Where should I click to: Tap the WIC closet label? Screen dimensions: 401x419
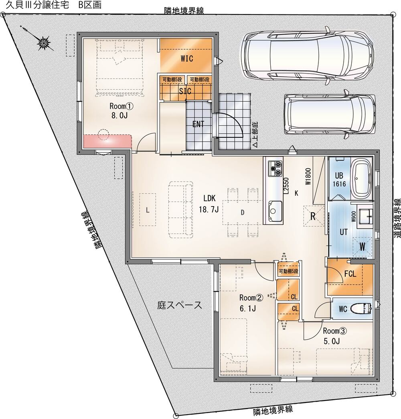(x=187, y=59)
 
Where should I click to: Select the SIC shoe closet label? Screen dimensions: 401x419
(x=185, y=91)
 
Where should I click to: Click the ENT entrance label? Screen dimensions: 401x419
(x=198, y=124)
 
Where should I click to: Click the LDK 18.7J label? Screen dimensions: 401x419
(x=209, y=204)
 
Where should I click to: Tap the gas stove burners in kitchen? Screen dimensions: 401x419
(x=275, y=168)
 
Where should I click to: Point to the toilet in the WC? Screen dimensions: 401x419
(x=362, y=309)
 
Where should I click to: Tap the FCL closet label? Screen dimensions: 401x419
(x=350, y=274)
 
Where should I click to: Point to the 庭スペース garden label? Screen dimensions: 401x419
(x=179, y=305)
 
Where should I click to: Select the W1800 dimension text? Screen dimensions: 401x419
(x=308, y=177)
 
